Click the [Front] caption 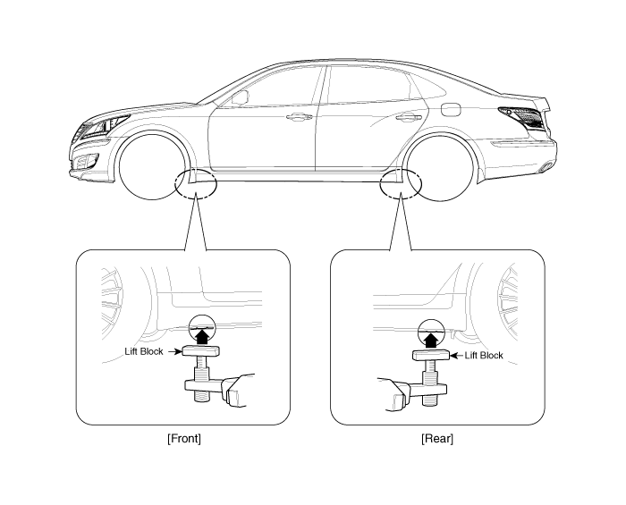point(184,439)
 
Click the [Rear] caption point(437,439)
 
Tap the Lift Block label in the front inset point(144,351)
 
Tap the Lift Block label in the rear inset point(484,356)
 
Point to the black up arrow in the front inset point(203,336)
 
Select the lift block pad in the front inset point(201,351)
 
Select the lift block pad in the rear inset point(431,355)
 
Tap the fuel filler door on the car point(451,110)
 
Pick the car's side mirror point(240,97)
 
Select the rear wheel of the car point(439,167)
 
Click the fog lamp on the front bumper point(86,161)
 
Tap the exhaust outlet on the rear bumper point(545,167)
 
